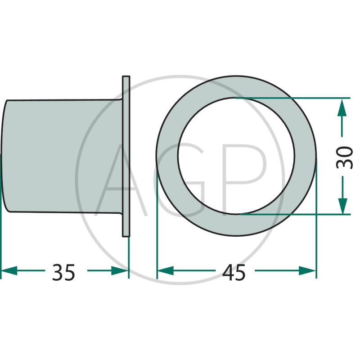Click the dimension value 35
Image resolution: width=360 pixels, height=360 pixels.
point(63,273)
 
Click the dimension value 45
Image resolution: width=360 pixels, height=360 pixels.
point(234,273)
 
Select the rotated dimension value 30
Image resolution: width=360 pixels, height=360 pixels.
point(344,157)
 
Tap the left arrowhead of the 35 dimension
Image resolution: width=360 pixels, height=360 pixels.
point(9,271)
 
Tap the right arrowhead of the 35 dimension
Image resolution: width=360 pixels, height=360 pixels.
point(120,271)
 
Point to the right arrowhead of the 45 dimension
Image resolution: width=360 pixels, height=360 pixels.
point(307,271)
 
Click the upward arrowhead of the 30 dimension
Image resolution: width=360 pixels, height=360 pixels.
point(342,108)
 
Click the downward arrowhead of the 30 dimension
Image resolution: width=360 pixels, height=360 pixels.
point(342,206)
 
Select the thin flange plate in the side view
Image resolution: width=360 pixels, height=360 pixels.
point(126,156)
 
